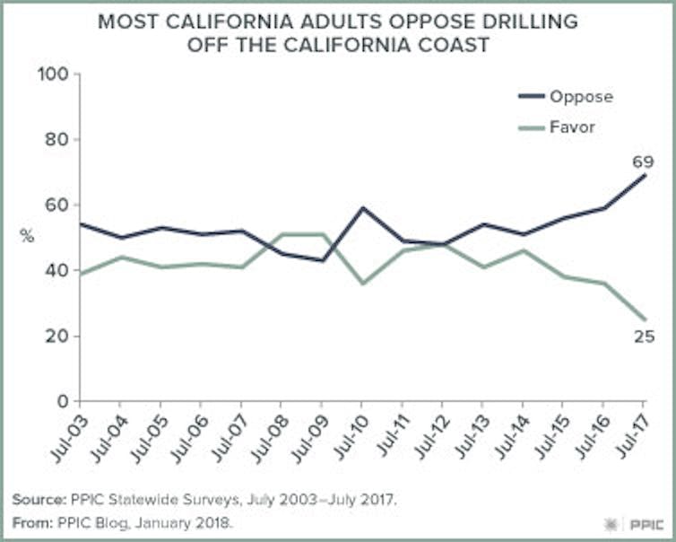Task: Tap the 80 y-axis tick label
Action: tap(57, 140)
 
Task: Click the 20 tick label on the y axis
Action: tap(57, 337)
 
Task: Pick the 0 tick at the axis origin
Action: tap(63, 402)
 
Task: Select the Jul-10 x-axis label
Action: tap(347, 437)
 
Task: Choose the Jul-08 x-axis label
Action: tap(267, 437)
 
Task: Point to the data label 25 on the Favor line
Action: tap(644, 337)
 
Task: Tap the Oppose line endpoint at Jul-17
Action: tap(646, 175)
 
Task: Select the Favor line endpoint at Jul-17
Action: tap(646, 319)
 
